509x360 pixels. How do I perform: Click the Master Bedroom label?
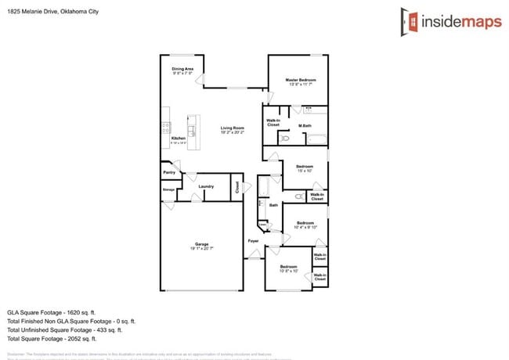click(x=301, y=81)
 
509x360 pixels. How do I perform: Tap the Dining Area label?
click(x=182, y=70)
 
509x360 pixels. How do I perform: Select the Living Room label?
click(x=233, y=128)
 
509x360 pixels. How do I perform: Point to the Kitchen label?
click(x=178, y=139)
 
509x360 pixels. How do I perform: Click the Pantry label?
click(x=168, y=172)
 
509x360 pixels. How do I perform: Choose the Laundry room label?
click(x=206, y=186)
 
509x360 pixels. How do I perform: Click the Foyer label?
click(x=253, y=240)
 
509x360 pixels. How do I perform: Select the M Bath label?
click(x=305, y=125)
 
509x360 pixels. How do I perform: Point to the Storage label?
click(x=168, y=189)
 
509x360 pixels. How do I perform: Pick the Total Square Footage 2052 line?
click(x=52, y=339)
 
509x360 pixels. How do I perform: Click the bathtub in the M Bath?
click(x=316, y=140)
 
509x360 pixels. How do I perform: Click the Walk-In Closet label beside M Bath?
click(x=273, y=123)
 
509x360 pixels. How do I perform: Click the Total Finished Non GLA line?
click(x=71, y=321)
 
